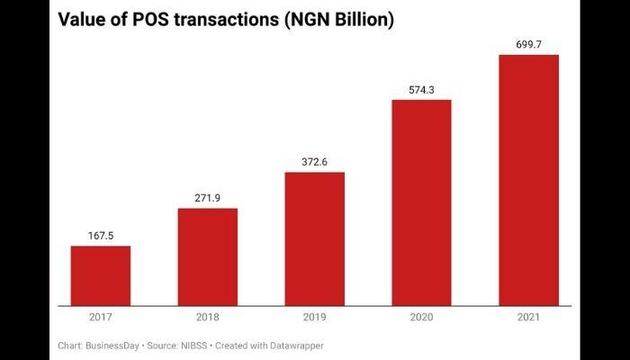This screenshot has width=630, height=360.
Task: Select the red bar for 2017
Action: click(101, 275)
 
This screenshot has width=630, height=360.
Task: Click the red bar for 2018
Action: click(208, 256)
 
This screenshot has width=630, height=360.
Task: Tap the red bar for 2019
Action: click(314, 238)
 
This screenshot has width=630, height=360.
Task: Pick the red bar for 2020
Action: click(421, 202)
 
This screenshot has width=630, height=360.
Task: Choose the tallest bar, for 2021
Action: click(528, 180)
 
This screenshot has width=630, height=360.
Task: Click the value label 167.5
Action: click(101, 236)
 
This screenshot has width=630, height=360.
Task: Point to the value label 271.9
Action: click(208, 198)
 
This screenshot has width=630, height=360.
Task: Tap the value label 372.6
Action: click(314, 162)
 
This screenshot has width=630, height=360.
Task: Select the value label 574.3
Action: click(421, 89)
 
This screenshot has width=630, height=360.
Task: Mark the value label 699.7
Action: click(528, 44)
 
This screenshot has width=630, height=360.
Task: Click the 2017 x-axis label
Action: click(101, 318)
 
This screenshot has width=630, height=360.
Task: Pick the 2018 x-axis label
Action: click(208, 318)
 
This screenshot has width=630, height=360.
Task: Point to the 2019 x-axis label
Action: click(314, 318)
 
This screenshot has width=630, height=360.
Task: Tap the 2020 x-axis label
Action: click(421, 318)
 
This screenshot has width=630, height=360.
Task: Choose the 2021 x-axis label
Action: click(528, 318)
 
